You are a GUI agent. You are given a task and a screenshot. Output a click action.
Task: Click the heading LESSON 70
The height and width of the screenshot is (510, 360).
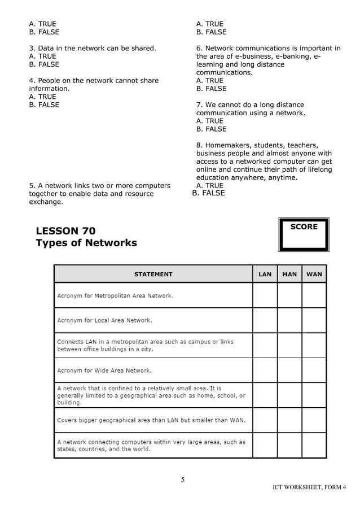(65, 230)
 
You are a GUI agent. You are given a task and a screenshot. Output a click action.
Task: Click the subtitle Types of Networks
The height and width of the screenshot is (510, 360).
(86, 243)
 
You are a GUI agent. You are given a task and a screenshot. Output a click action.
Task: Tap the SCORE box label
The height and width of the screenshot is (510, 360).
(304, 226)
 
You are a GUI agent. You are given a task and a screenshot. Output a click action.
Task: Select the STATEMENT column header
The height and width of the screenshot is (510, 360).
(153, 274)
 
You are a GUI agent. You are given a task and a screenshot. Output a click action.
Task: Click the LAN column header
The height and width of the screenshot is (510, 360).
(265, 274)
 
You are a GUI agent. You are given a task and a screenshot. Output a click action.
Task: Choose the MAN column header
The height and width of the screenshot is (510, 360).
(289, 274)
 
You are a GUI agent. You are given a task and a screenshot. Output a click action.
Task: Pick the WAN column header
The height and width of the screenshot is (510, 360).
(314, 274)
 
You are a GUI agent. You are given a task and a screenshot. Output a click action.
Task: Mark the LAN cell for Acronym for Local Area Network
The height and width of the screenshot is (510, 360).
(265, 320)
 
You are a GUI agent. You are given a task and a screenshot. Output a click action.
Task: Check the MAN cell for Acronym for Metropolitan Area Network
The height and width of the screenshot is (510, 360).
(289, 295)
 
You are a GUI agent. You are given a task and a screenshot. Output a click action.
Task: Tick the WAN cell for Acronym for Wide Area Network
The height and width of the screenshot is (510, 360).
(314, 370)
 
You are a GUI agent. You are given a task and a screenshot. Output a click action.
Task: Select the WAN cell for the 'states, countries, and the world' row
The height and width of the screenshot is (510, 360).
(314, 445)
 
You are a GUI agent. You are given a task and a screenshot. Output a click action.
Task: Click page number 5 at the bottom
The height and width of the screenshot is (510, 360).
(182, 480)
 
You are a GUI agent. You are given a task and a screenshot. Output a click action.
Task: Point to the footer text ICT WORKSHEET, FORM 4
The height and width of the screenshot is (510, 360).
(309, 487)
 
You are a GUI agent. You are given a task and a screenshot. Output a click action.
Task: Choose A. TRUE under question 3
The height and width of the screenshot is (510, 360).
(42, 56)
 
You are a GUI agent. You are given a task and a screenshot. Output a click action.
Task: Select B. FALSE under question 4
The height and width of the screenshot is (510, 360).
(44, 104)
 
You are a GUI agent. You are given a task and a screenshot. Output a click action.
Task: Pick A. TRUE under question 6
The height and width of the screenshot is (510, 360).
(209, 81)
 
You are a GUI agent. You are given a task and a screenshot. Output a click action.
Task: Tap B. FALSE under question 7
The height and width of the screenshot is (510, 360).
(211, 129)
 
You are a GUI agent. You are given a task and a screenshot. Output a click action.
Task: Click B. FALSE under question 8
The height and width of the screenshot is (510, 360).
(208, 193)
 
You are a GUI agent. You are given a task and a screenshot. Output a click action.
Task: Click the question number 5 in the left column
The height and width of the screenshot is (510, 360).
(32, 186)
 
